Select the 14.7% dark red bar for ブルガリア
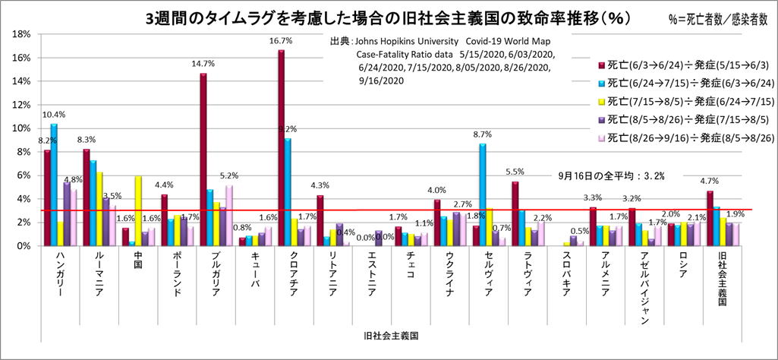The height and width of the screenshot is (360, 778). tap(203, 159)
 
